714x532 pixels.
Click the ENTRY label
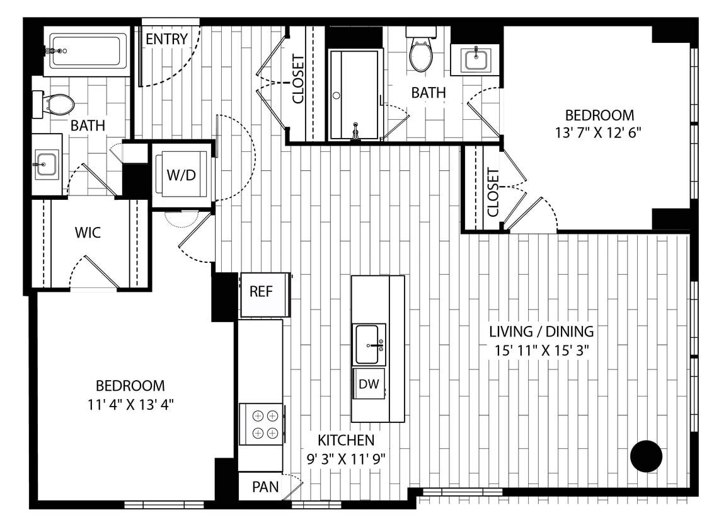click(x=166, y=39)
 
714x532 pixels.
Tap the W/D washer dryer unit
click(x=181, y=175)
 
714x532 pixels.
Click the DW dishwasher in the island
click(x=369, y=385)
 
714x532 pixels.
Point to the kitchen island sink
click(x=369, y=344)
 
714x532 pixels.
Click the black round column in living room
click(x=646, y=456)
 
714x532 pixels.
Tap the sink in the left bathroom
click(x=46, y=165)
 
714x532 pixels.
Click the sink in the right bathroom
click(x=475, y=61)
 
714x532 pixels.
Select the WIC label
click(x=88, y=233)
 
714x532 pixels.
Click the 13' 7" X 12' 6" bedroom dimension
click(x=599, y=133)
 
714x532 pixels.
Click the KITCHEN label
click(x=345, y=440)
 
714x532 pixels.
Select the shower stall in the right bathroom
click(x=355, y=95)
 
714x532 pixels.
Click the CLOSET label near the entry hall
click(x=298, y=79)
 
